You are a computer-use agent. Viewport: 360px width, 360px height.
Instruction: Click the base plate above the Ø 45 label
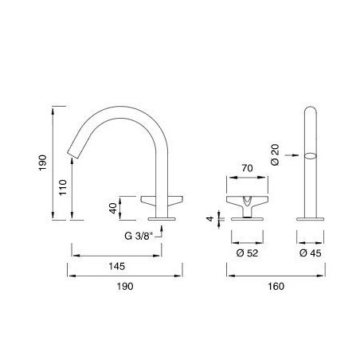pyautogui.click(x=310, y=217)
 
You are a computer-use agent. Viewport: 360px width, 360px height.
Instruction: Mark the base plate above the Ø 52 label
pyautogui.click(x=246, y=217)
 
